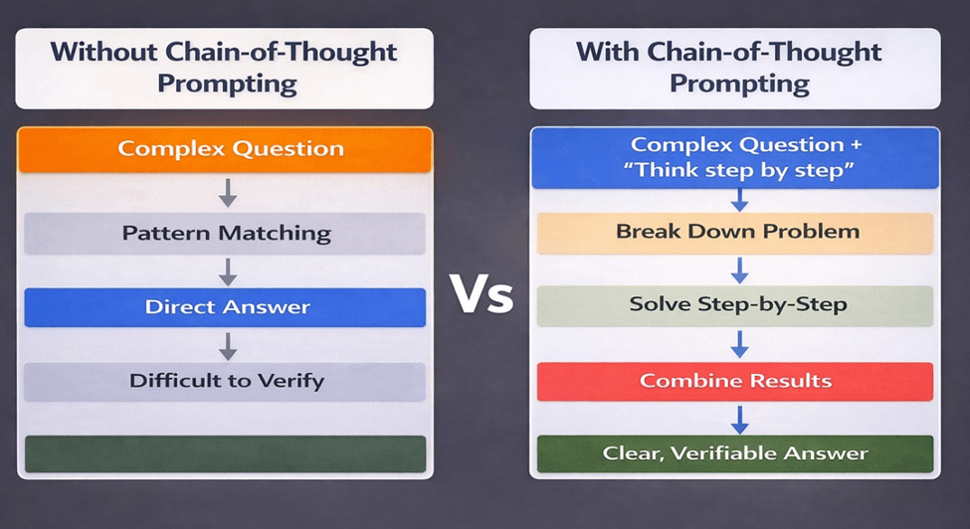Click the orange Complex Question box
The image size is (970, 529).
[x=225, y=149]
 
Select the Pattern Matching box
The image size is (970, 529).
[x=225, y=234]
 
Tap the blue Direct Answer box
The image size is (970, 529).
[x=225, y=307]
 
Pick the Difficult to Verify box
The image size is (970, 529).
[x=225, y=381]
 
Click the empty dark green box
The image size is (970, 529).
[x=225, y=453]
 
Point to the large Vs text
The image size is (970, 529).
[x=482, y=294]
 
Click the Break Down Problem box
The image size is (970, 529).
[x=737, y=232]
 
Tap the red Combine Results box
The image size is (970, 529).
[x=735, y=381]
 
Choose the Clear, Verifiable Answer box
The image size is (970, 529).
[x=735, y=453]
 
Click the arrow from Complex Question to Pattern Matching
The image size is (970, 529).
[x=228, y=192]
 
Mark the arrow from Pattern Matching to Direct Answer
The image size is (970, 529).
[x=228, y=270]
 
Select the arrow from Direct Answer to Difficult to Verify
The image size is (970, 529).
[x=228, y=345]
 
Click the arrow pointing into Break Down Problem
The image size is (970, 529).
[x=738, y=199]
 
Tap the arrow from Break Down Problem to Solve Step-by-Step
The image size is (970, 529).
[x=738, y=269]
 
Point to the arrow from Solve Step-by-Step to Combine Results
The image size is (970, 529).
[x=738, y=343]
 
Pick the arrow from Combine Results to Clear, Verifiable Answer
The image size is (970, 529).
[x=738, y=418]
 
